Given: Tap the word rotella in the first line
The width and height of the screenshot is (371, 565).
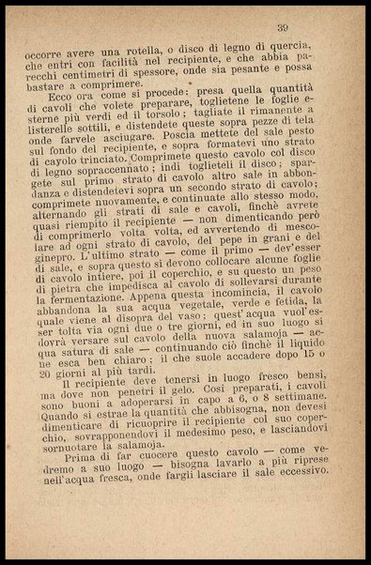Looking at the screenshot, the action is pyautogui.click(x=141, y=51).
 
